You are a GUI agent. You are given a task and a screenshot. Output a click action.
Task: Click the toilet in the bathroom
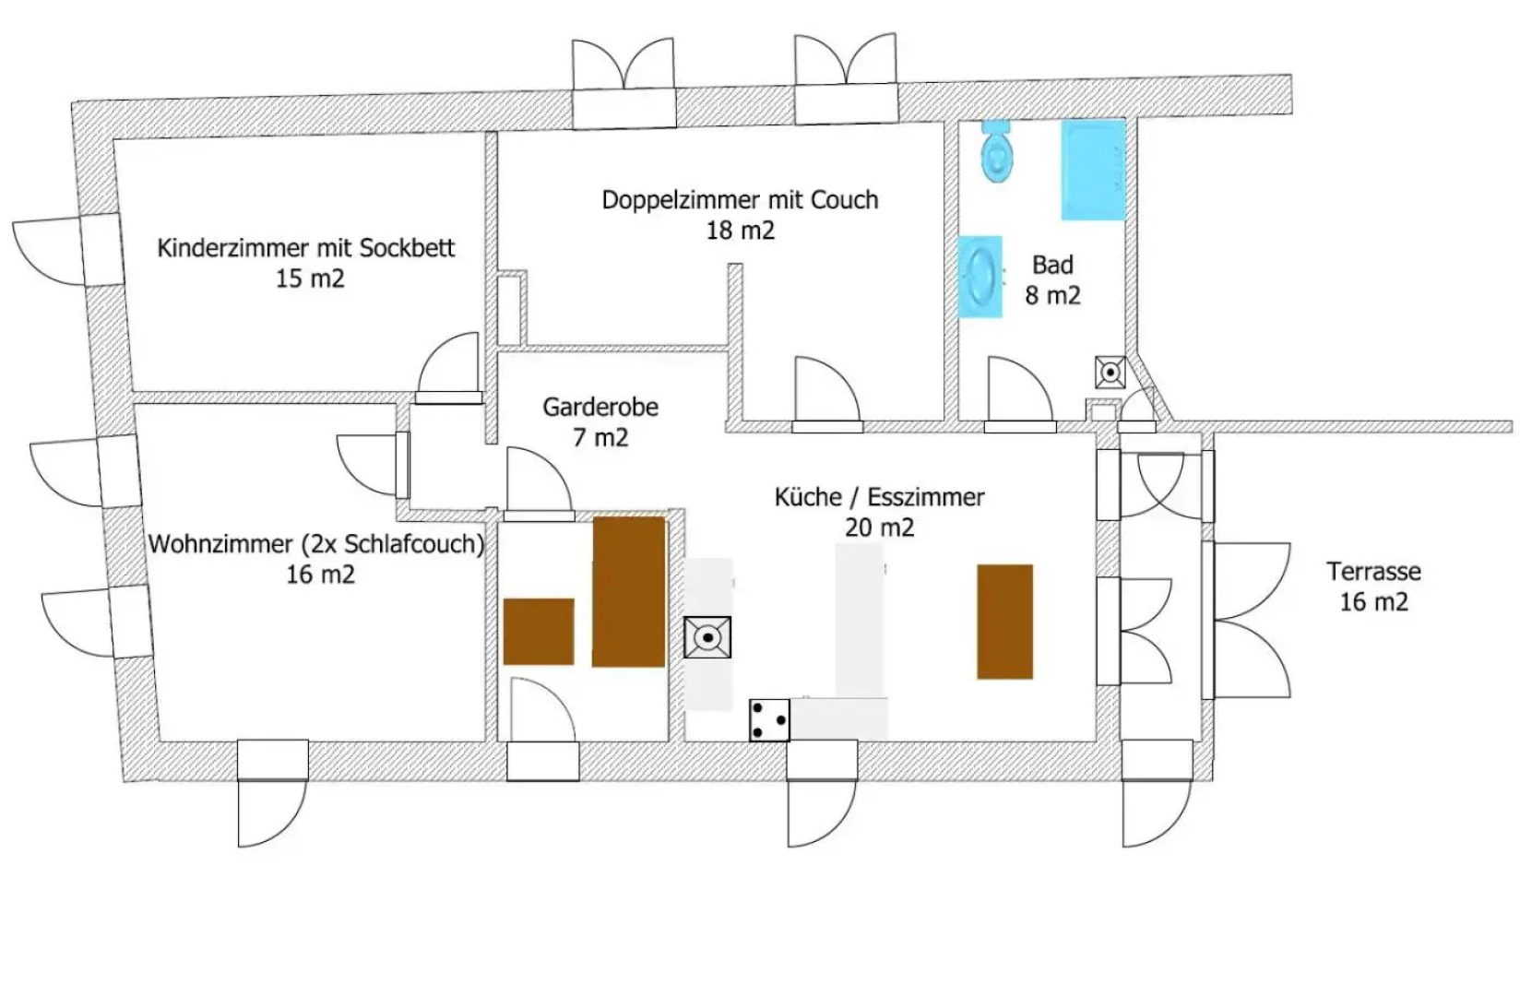996,152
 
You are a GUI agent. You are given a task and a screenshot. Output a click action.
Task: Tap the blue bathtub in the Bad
1093,170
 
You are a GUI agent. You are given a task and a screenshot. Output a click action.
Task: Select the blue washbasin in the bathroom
980,277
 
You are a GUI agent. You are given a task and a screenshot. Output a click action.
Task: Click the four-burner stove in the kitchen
769,720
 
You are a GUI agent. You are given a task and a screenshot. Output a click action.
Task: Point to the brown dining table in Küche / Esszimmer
1005,622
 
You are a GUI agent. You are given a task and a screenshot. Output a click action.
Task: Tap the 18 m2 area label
741,231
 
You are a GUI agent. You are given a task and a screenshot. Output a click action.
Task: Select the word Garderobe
600,407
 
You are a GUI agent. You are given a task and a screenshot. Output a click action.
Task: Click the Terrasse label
1373,571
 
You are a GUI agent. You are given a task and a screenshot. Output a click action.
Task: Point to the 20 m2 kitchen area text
879,528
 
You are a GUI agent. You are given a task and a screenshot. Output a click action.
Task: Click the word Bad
1052,265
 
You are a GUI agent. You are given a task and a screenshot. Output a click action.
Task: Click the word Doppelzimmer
682,200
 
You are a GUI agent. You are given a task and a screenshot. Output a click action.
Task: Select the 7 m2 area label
600,438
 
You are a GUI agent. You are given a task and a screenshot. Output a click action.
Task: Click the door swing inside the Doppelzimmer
827,389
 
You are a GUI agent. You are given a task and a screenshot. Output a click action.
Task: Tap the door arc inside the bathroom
1021,389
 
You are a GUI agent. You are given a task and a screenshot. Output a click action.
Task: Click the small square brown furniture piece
539,631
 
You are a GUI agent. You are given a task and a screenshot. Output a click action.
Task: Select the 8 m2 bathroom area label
1052,296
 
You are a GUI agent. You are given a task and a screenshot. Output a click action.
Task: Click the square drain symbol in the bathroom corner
1110,373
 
